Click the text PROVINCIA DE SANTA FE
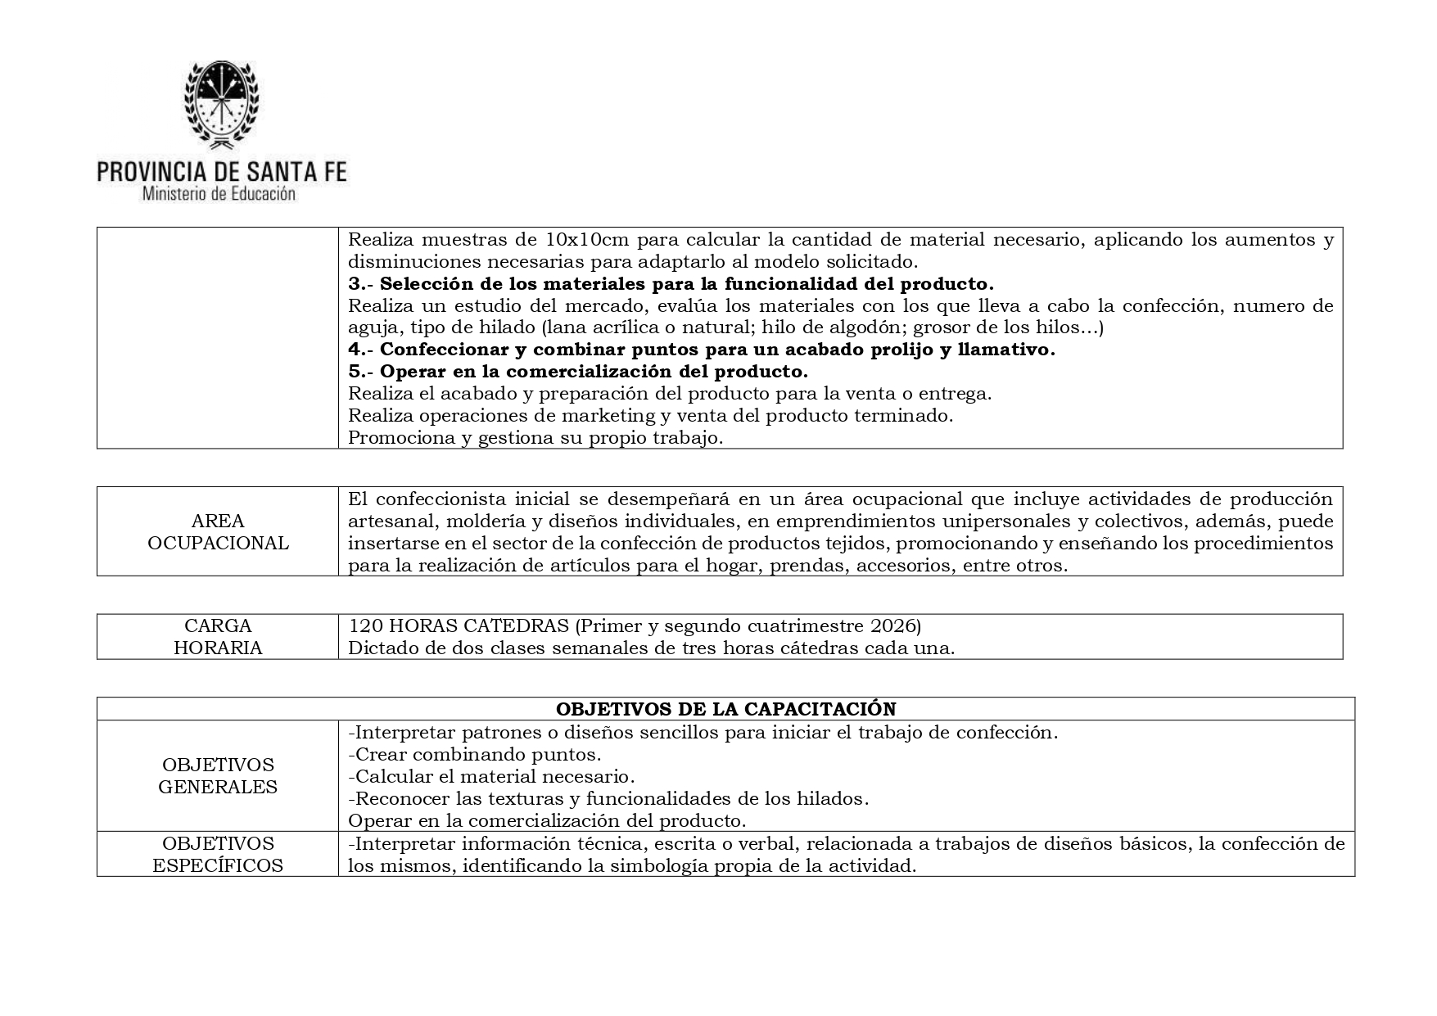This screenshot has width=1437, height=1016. (x=221, y=172)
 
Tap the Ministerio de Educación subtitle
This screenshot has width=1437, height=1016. (x=219, y=195)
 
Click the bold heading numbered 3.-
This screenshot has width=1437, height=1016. (x=671, y=284)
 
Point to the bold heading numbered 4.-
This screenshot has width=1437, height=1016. (x=701, y=350)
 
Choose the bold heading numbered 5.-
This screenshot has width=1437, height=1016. (x=578, y=372)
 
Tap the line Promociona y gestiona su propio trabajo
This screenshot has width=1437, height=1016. (x=535, y=437)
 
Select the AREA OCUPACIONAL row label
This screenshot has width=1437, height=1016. (x=218, y=532)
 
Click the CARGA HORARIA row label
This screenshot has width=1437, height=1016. (x=218, y=637)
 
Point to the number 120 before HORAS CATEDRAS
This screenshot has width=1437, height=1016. (x=364, y=626)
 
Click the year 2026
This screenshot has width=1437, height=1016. (x=892, y=626)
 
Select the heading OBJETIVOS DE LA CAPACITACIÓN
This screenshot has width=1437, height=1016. (x=725, y=709)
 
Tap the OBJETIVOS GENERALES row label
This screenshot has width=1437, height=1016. (x=218, y=776)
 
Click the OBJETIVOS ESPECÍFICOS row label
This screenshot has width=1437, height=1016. (x=218, y=855)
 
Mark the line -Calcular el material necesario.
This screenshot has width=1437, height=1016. (x=491, y=776)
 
